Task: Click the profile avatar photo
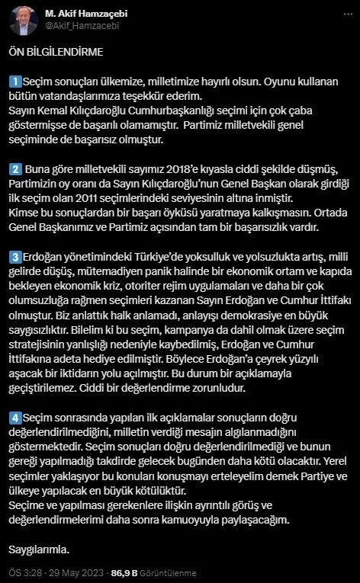point(23,20)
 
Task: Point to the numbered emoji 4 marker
point(14,418)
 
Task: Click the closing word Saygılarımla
point(40,549)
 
